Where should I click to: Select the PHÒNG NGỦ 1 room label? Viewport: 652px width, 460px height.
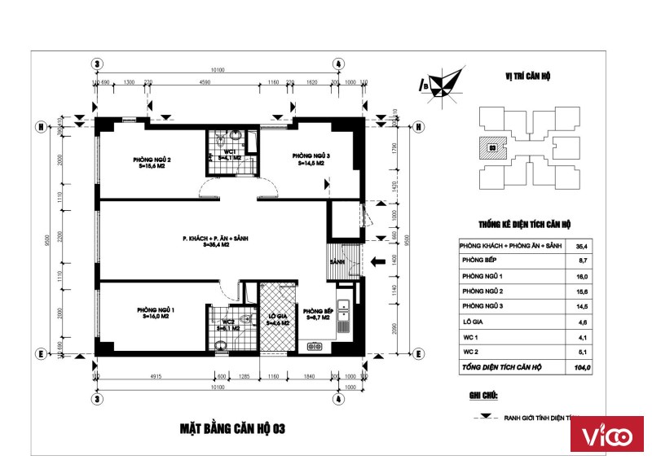tap(155, 310)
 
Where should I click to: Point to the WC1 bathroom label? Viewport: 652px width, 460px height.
tap(229, 152)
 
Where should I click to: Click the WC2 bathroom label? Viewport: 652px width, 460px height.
tap(229, 322)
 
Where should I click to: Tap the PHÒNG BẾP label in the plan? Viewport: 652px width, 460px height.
tap(316, 313)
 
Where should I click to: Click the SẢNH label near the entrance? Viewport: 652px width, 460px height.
tap(338, 262)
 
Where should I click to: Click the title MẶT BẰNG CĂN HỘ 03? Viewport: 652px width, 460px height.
tap(231, 427)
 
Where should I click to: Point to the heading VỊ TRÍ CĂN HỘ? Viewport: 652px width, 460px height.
tap(528, 76)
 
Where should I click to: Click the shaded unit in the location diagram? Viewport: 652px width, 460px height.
tap(492, 147)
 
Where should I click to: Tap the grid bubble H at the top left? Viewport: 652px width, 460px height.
tap(38, 126)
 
